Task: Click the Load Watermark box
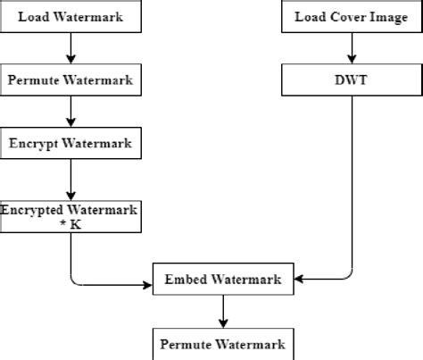70,16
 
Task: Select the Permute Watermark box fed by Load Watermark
70,80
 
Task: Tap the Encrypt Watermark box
70,143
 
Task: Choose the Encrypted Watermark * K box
70,216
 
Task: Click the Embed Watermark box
222,280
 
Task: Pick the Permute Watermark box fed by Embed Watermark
222,344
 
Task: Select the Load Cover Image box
351,16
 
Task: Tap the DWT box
351,80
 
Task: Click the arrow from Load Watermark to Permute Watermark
70,47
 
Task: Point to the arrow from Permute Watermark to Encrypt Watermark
70,111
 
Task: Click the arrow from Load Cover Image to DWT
351,47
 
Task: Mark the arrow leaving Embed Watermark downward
222,312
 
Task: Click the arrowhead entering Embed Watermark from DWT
298,280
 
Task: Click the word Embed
183,280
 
